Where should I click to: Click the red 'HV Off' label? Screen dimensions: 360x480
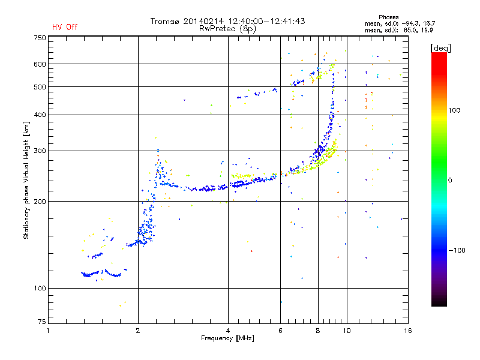(64, 27)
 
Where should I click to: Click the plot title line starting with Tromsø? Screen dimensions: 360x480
(227, 21)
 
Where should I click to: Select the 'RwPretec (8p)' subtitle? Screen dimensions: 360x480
(227, 28)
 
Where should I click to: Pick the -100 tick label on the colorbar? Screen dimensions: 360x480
(457, 250)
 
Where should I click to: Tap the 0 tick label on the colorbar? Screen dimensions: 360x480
(451, 180)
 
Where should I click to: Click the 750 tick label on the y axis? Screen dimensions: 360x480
(40, 38)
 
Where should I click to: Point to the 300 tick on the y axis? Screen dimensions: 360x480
(40, 151)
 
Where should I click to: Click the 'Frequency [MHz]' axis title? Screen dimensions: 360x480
(227, 339)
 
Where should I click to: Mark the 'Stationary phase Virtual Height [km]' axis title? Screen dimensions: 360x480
(26, 180)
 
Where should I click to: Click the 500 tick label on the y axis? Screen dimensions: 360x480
(40, 87)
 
